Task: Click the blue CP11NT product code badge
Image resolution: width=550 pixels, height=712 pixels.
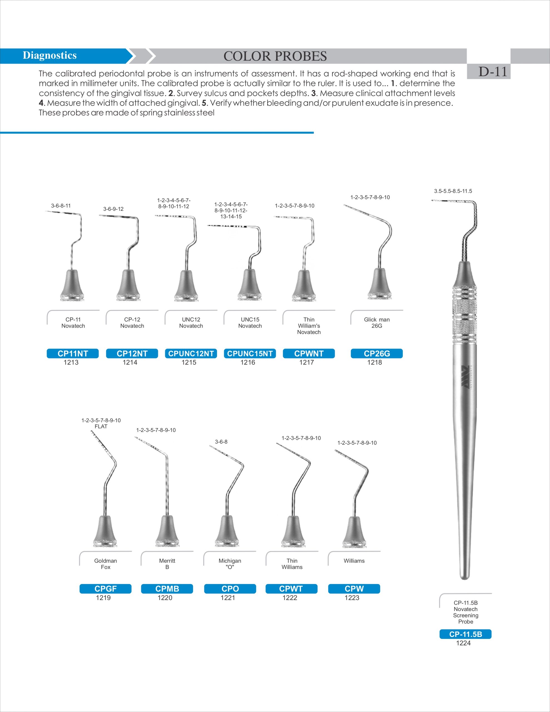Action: point(73,353)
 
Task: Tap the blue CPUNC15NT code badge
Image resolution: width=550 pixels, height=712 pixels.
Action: point(250,353)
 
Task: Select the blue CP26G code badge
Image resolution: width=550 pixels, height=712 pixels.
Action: point(376,353)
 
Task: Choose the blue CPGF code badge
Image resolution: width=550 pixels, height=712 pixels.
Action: point(105,589)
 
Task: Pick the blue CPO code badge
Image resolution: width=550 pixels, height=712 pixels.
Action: point(230,589)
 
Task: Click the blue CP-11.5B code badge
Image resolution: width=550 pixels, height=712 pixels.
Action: point(465,634)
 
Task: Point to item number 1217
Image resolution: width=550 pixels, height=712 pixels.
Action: point(306,362)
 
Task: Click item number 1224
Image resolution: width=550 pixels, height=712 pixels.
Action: point(463,643)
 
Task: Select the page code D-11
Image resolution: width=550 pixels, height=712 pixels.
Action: point(493,72)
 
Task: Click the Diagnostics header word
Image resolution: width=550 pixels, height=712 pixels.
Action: point(49,55)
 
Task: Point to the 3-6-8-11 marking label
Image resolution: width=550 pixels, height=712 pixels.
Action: point(61,206)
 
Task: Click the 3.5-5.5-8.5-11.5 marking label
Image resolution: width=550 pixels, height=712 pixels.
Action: point(453,191)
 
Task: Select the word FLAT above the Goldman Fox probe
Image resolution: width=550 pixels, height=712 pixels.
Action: point(101,426)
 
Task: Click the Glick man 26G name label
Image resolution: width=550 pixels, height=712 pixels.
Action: point(376,323)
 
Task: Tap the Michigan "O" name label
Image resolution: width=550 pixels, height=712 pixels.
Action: point(230,564)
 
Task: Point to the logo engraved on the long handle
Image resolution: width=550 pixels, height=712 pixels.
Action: point(466,377)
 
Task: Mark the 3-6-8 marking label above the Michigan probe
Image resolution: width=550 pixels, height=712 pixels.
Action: point(221,442)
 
